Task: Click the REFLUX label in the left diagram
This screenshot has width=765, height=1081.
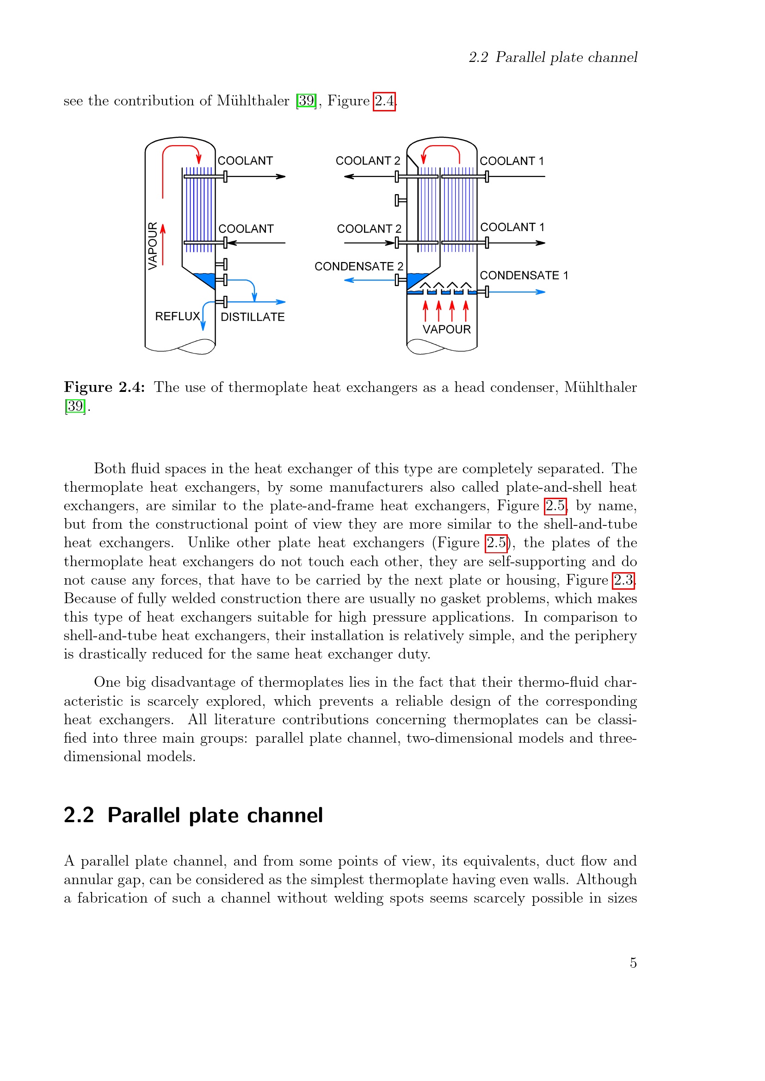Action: (178, 317)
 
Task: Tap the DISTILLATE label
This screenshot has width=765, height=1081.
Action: (253, 318)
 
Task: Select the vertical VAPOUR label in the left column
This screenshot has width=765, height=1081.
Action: (153, 246)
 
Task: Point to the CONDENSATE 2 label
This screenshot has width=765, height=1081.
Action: (358, 267)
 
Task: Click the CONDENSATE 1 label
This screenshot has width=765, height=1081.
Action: (524, 275)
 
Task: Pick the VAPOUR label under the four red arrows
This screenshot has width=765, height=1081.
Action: (446, 330)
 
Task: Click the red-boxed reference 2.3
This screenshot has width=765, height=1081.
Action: (623, 580)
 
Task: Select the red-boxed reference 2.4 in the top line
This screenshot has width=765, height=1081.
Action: (384, 101)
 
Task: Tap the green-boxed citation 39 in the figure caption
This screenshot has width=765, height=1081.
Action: (75, 406)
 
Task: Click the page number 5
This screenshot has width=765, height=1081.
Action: (633, 963)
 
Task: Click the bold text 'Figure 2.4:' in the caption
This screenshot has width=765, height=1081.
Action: (104, 387)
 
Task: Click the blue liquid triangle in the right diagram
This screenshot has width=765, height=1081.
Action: (414, 279)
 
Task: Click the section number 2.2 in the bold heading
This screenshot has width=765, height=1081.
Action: (79, 815)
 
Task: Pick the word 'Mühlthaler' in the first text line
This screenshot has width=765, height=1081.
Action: (253, 101)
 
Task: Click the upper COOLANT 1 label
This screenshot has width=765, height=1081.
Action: (512, 161)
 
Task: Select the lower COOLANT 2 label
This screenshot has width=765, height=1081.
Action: (369, 229)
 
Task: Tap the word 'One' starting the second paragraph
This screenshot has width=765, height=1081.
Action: (107, 682)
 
